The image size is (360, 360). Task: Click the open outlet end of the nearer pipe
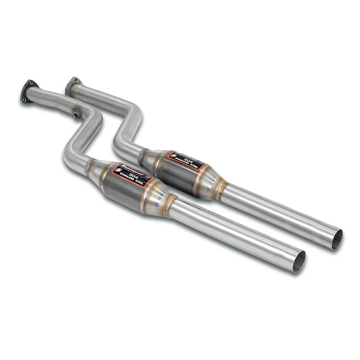(298, 261)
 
